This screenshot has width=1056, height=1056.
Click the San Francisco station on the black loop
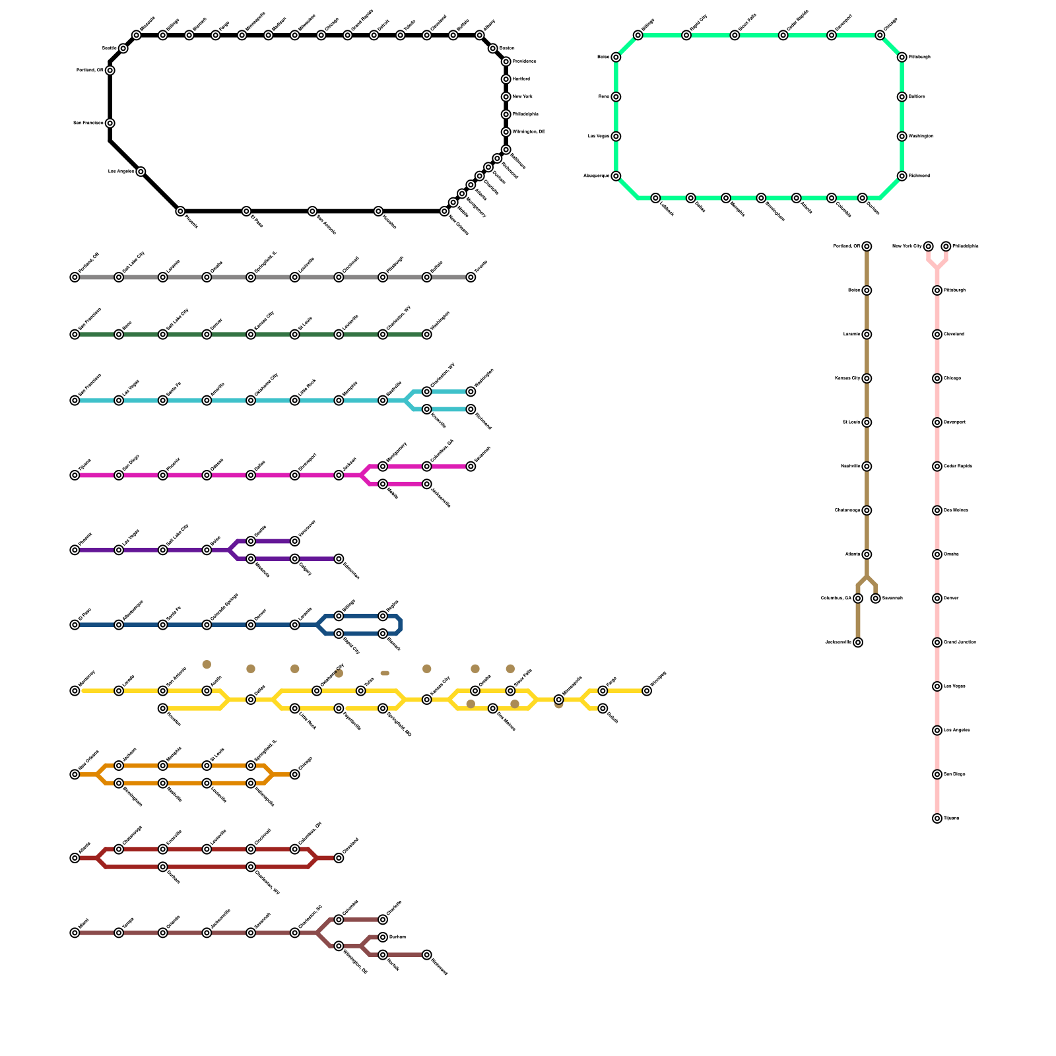(110, 123)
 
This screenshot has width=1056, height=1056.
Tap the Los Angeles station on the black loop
(141, 172)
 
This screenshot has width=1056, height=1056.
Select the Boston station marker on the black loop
(492, 48)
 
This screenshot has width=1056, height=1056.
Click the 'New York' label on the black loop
(523, 96)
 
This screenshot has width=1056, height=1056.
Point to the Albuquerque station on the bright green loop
(616, 176)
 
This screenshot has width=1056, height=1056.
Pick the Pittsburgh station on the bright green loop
(902, 57)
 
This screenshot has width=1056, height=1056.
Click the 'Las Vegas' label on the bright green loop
(599, 137)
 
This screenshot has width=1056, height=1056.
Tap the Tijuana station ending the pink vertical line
(937, 818)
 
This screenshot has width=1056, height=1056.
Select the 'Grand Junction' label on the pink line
(960, 642)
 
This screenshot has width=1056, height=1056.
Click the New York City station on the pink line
(928, 246)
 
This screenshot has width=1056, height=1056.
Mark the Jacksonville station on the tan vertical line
(857, 642)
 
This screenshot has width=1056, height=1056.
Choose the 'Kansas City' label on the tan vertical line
(847, 378)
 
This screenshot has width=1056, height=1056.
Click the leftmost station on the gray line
(75, 277)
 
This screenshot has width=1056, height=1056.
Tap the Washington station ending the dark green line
(427, 335)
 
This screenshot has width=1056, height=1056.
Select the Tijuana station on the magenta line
(75, 475)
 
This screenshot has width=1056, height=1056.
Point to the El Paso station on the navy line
(75, 625)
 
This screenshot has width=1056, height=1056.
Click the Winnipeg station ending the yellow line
(647, 691)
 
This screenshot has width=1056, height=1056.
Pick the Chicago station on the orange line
(295, 774)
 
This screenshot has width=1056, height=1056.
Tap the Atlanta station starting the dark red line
(75, 858)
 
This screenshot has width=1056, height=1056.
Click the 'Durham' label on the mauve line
(397, 937)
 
